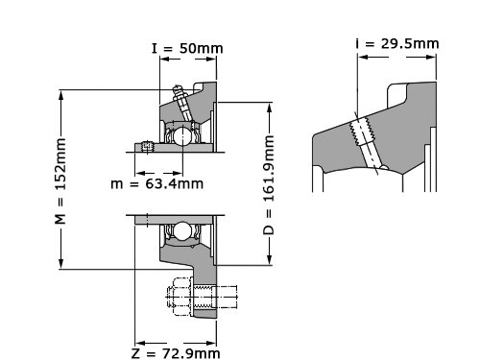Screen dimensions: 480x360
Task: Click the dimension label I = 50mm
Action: [187, 48]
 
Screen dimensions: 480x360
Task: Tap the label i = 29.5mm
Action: [397, 43]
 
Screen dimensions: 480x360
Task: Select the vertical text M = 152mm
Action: [60, 181]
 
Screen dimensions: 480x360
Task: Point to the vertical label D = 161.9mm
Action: [269, 184]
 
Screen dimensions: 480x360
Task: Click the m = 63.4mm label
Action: [156, 183]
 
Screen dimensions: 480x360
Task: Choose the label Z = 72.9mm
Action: [176, 353]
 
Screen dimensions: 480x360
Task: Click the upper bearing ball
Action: [182, 136]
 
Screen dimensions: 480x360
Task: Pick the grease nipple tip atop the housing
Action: [177, 88]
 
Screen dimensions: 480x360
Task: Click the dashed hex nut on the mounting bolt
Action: [180, 297]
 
